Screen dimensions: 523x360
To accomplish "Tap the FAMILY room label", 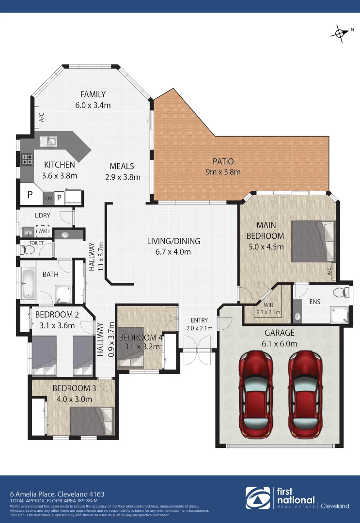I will click(x=93, y=94).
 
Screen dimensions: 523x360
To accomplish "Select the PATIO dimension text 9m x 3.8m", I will click(x=223, y=171).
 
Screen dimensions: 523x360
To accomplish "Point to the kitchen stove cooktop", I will click(x=26, y=158).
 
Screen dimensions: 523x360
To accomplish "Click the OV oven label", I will click(x=48, y=198).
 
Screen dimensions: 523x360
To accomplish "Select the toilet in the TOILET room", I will click(x=28, y=250).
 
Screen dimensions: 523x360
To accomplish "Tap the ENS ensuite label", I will click(x=315, y=302).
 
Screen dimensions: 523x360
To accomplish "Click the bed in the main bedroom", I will click(x=313, y=241).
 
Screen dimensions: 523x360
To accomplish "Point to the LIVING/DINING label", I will click(x=174, y=241).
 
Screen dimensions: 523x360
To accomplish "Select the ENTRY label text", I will click(x=199, y=320).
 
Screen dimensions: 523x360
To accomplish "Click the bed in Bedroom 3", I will click(x=91, y=420).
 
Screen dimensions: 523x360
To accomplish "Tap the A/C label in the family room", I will click(x=41, y=117).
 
